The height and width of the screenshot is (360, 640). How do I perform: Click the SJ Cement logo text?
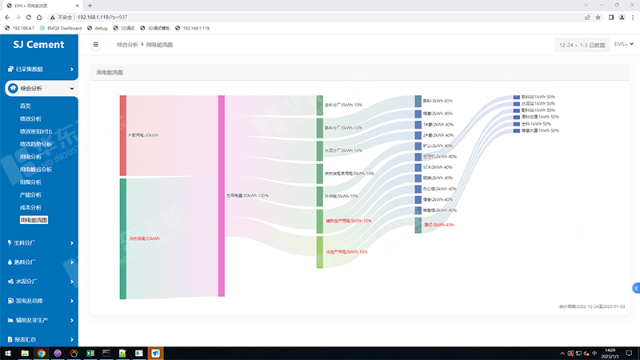click(38, 45)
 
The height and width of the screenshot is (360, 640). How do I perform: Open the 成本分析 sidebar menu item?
click(30, 208)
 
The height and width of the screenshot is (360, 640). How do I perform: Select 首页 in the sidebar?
click(26, 106)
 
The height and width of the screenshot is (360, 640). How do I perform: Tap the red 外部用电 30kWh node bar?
click(123, 135)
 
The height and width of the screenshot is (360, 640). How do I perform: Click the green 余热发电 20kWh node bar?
click(123, 238)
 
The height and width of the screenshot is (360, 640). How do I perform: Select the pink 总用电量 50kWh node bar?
click(222, 196)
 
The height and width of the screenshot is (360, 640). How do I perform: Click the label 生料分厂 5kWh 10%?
click(343, 105)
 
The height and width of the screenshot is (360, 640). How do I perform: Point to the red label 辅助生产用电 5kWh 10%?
click(349, 221)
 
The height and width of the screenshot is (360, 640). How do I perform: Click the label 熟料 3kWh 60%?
click(438, 101)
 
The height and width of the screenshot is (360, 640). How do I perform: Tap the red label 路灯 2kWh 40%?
click(438, 225)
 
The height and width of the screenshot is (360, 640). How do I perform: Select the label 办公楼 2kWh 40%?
click(439, 189)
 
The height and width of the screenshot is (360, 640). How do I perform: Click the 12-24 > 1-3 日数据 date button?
click(581, 45)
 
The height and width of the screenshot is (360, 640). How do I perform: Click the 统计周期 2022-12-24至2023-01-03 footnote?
click(592, 306)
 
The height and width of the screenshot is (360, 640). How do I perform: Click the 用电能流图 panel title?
click(110, 73)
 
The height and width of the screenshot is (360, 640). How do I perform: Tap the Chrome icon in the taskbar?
click(41, 353)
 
